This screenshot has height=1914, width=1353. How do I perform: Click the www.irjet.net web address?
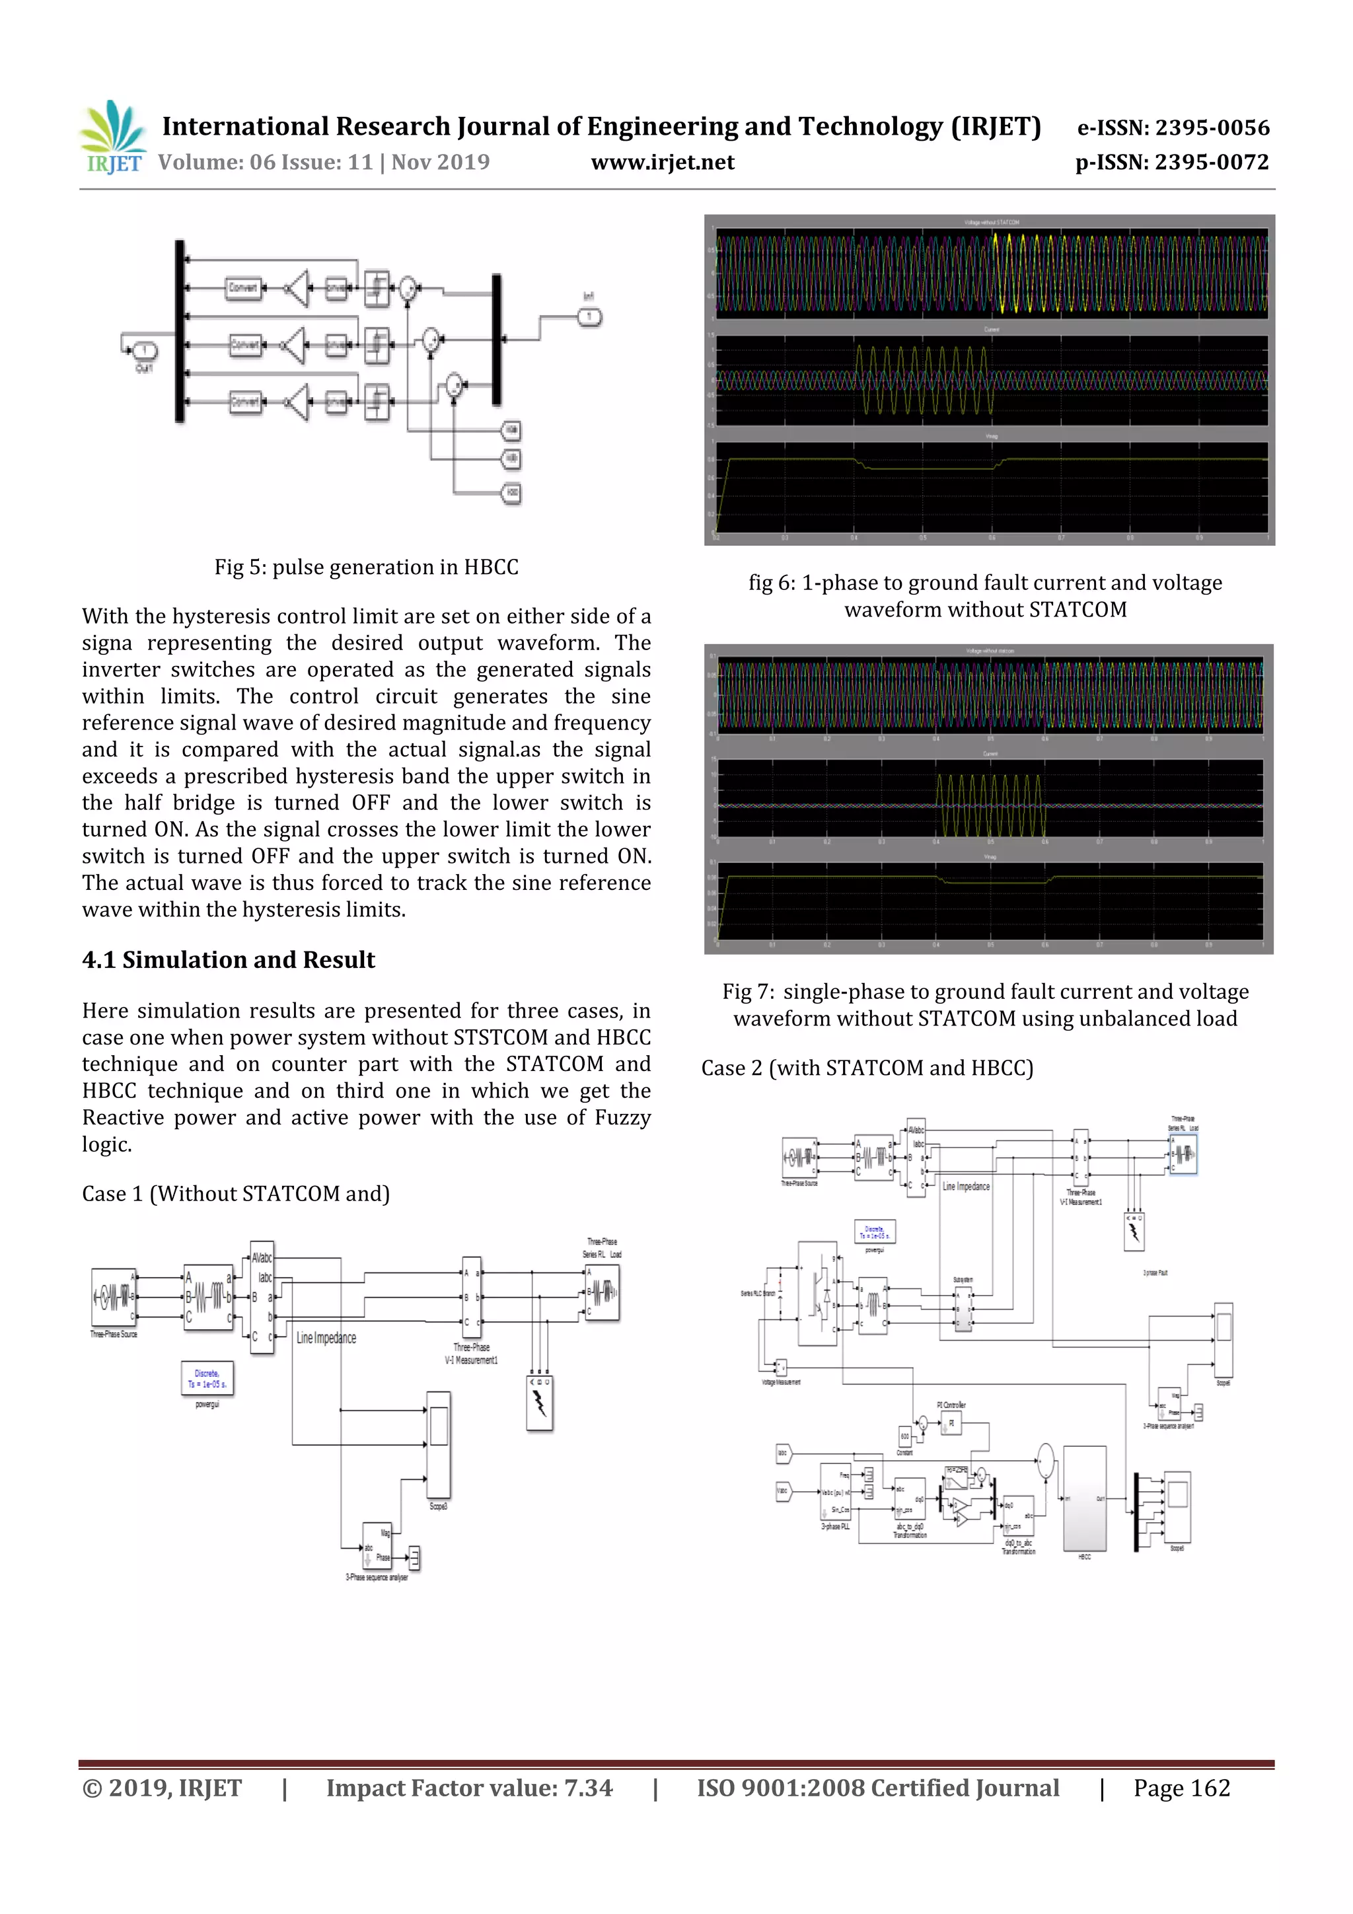click(662, 163)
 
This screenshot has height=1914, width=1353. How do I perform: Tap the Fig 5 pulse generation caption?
click(366, 567)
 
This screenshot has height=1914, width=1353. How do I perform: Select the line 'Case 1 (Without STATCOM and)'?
click(236, 1194)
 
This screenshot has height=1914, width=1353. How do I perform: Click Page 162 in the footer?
click(1181, 1788)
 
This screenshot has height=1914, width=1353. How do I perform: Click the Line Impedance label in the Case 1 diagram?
click(326, 1338)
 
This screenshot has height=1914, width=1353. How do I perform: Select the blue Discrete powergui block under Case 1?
click(207, 1378)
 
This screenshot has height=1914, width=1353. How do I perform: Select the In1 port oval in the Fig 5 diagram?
click(589, 316)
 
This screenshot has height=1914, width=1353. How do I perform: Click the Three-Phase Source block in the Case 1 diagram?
click(114, 1297)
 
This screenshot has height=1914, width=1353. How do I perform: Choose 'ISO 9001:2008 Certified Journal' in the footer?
click(878, 1788)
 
